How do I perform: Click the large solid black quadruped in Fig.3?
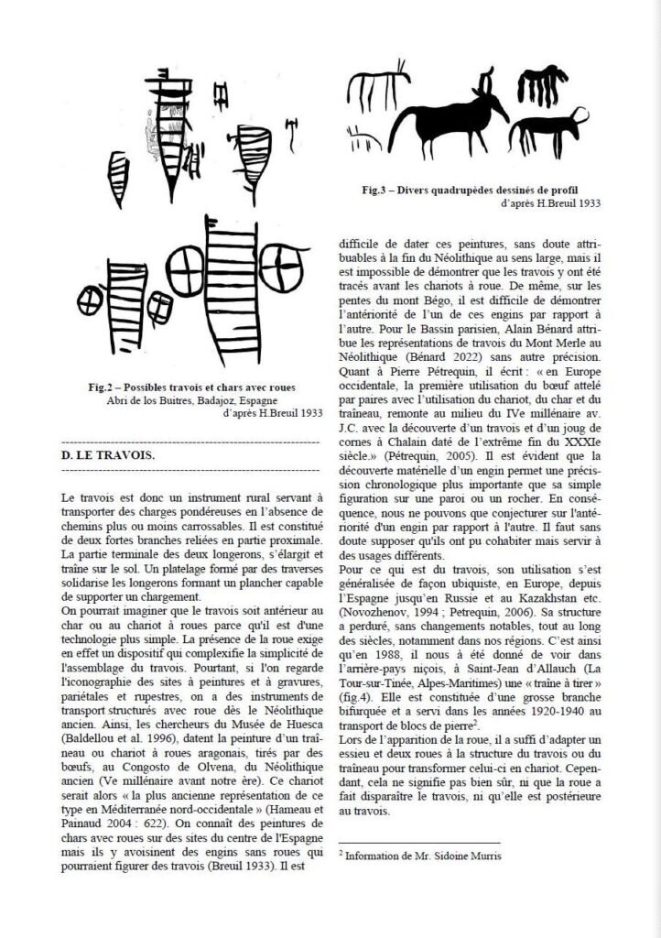coord(448,122)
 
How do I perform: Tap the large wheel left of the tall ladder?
coord(180,267)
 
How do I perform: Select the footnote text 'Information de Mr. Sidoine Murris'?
coord(422,854)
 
